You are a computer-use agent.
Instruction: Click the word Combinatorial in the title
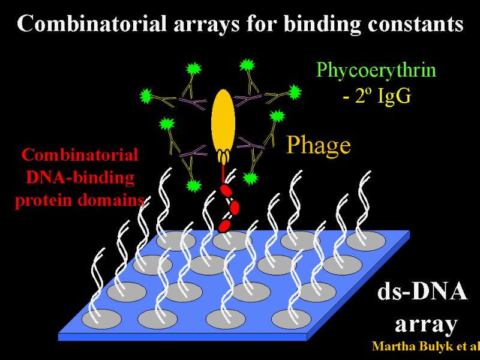tap(92, 23)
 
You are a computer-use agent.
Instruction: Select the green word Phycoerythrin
tap(376, 70)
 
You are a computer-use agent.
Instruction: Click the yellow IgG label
tap(395, 97)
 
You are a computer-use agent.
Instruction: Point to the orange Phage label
tap(319, 145)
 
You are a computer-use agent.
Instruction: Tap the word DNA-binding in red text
tap(80, 178)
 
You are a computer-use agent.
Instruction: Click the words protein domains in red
tap(80, 200)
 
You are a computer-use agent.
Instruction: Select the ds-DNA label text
tap(422, 292)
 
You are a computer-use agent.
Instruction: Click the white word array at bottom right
tap(426, 324)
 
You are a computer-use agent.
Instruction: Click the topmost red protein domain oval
tap(226, 190)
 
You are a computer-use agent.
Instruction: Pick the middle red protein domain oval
tap(235, 208)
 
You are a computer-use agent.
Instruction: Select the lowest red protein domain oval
tap(224, 226)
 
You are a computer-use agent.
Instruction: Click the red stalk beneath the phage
tap(224, 173)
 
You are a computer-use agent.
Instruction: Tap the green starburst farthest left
tap(146, 96)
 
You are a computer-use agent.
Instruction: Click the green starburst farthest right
tap(295, 92)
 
